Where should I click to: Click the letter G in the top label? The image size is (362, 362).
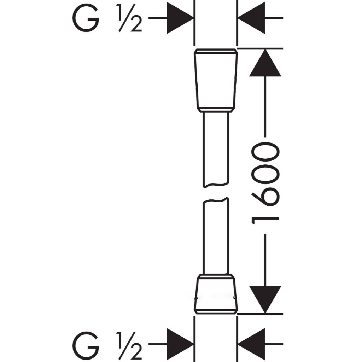click(x=86, y=18)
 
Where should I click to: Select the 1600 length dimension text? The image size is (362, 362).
click(x=265, y=183)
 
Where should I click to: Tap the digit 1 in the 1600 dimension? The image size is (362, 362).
click(x=265, y=221)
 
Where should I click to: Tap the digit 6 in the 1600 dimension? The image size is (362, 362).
click(x=265, y=197)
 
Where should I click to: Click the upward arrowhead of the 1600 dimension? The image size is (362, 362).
click(x=265, y=63)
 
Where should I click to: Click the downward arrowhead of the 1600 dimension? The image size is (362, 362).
click(x=265, y=299)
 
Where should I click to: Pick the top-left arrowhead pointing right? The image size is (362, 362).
click(x=180, y=18)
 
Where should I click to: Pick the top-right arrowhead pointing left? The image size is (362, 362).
click(x=251, y=18)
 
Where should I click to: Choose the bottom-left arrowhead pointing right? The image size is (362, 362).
click(x=180, y=344)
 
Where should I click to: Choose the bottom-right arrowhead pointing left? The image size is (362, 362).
click(x=251, y=344)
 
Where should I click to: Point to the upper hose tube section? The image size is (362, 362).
click(x=216, y=149)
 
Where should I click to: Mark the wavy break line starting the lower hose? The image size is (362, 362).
click(x=216, y=200)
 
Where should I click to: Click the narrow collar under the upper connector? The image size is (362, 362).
click(x=216, y=110)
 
